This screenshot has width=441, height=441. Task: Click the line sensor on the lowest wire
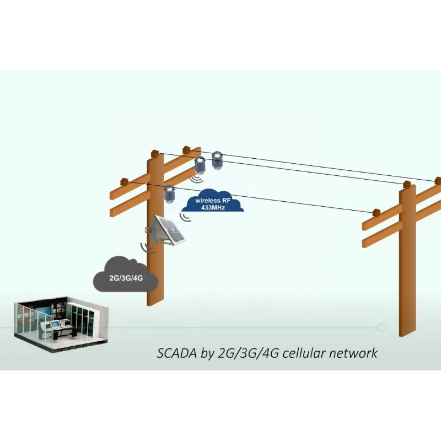tap(169, 194)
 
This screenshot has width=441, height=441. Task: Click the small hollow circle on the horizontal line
tap(380, 328)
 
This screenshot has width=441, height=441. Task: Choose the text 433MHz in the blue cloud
tap(213, 207)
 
